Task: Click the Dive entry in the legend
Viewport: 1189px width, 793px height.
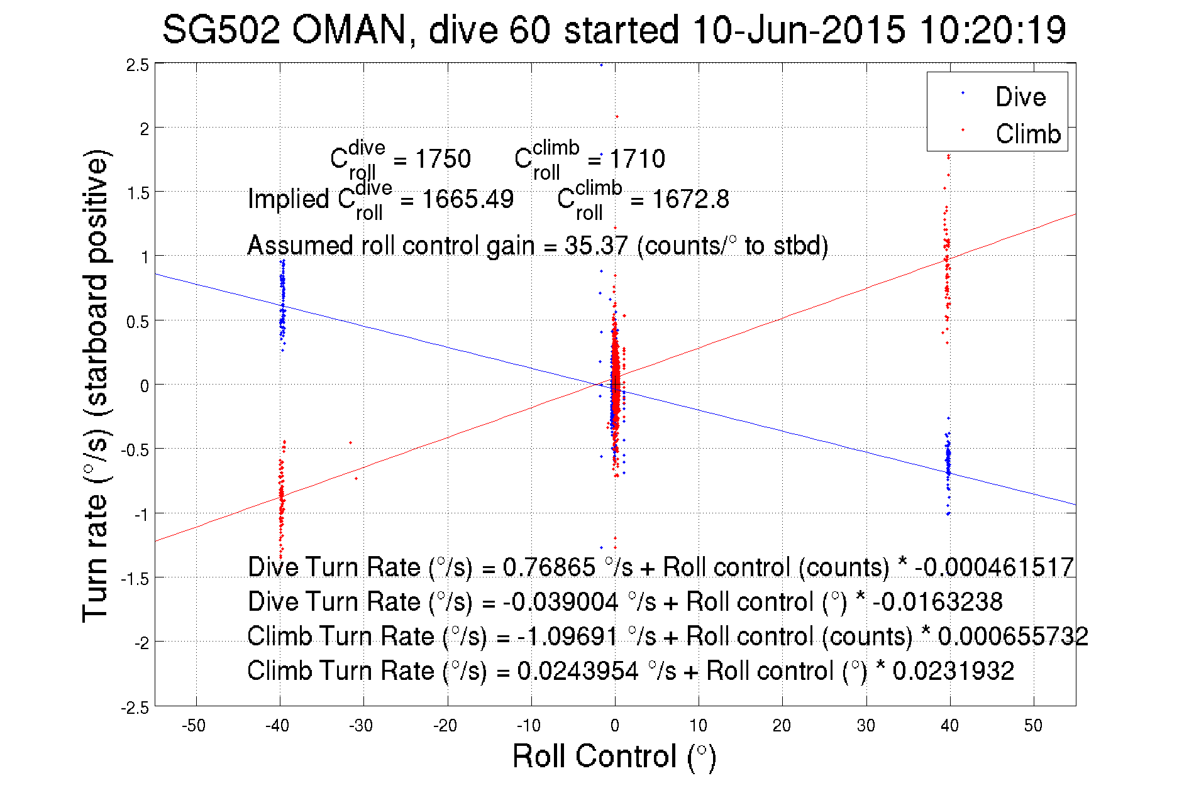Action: coord(1020,97)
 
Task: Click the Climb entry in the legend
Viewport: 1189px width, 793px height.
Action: coord(1027,134)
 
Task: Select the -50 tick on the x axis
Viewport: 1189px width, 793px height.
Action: coord(194,726)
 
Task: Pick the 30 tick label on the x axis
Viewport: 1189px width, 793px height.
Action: coord(866,726)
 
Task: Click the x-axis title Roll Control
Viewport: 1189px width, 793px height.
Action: coord(614,756)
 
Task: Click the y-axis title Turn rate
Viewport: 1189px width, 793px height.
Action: coord(96,385)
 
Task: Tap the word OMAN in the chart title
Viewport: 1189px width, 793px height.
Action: coord(350,30)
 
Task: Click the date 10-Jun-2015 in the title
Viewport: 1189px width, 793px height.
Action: coord(799,30)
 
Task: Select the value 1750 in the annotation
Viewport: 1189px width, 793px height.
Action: coord(443,159)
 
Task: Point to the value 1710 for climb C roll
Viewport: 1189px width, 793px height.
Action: coord(638,159)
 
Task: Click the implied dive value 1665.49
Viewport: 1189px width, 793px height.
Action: coord(468,199)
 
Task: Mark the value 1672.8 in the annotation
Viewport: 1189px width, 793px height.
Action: coord(690,199)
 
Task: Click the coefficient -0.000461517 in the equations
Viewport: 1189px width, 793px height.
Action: coord(994,567)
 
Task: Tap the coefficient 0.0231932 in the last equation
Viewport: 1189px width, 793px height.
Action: coord(953,670)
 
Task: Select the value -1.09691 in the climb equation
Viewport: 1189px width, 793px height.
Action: coord(568,636)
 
